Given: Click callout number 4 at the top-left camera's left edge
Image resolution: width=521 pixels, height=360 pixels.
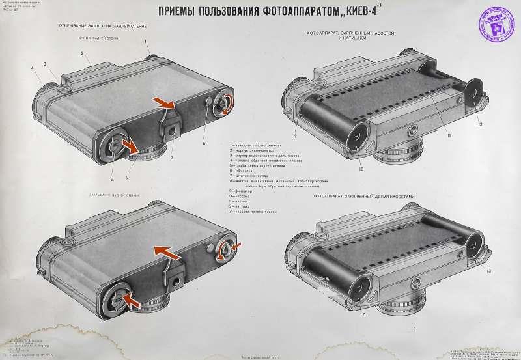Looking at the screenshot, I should pos(31,68).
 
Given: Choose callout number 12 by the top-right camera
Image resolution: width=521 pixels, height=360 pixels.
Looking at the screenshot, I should pos(479,124).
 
